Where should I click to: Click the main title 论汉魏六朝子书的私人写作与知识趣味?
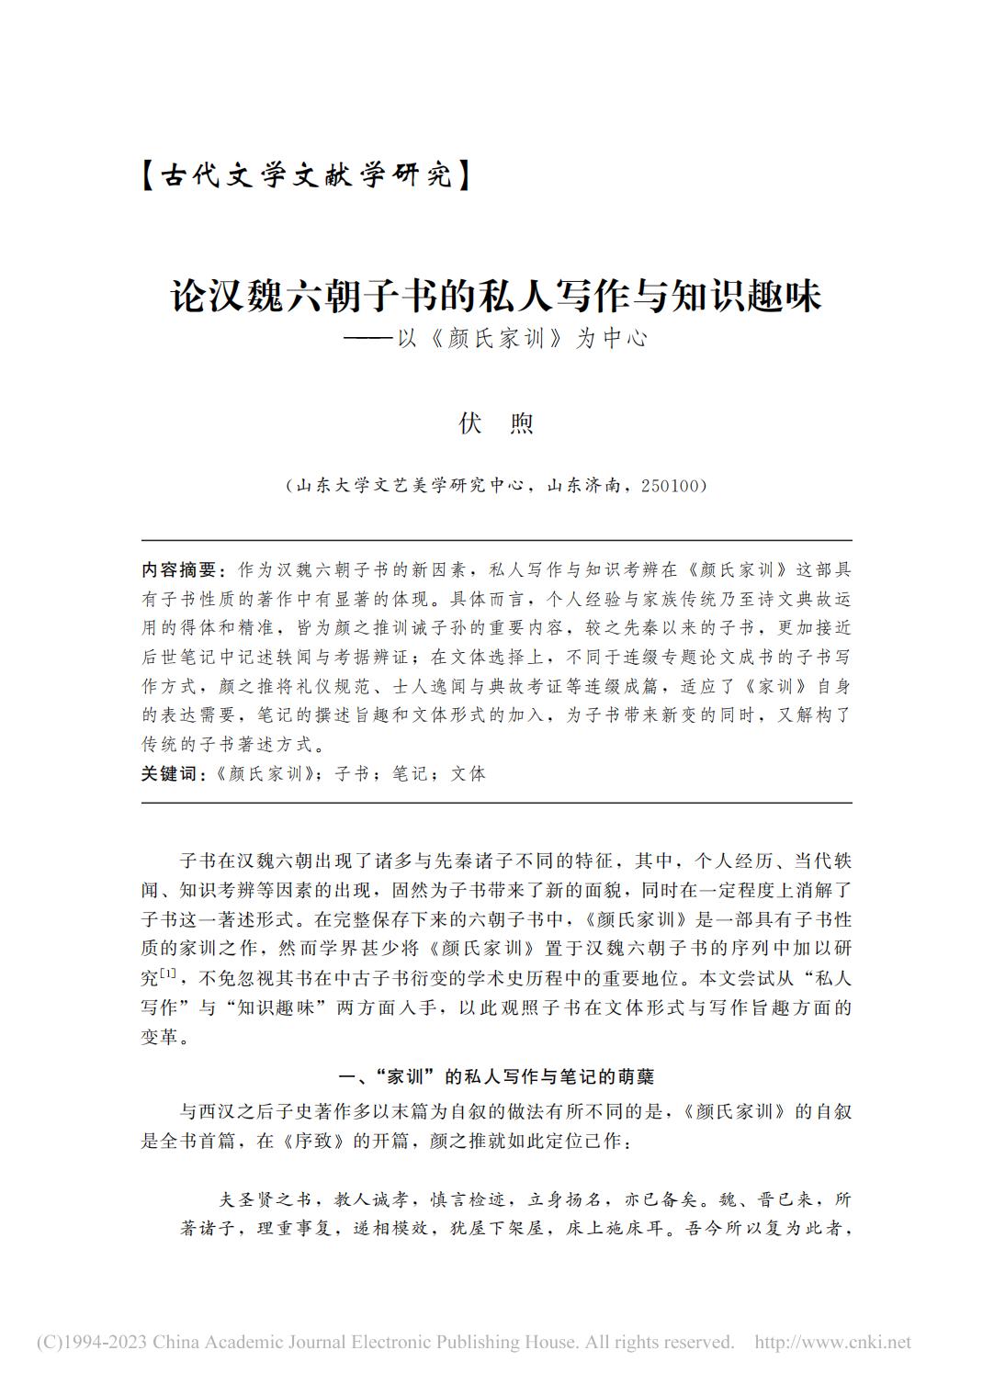click(496, 296)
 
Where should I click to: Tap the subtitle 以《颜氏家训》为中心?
click(520, 339)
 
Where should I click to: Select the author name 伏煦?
click(496, 423)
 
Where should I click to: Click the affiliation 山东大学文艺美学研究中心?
click(411, 485)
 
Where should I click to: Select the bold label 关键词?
click(170, 773)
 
